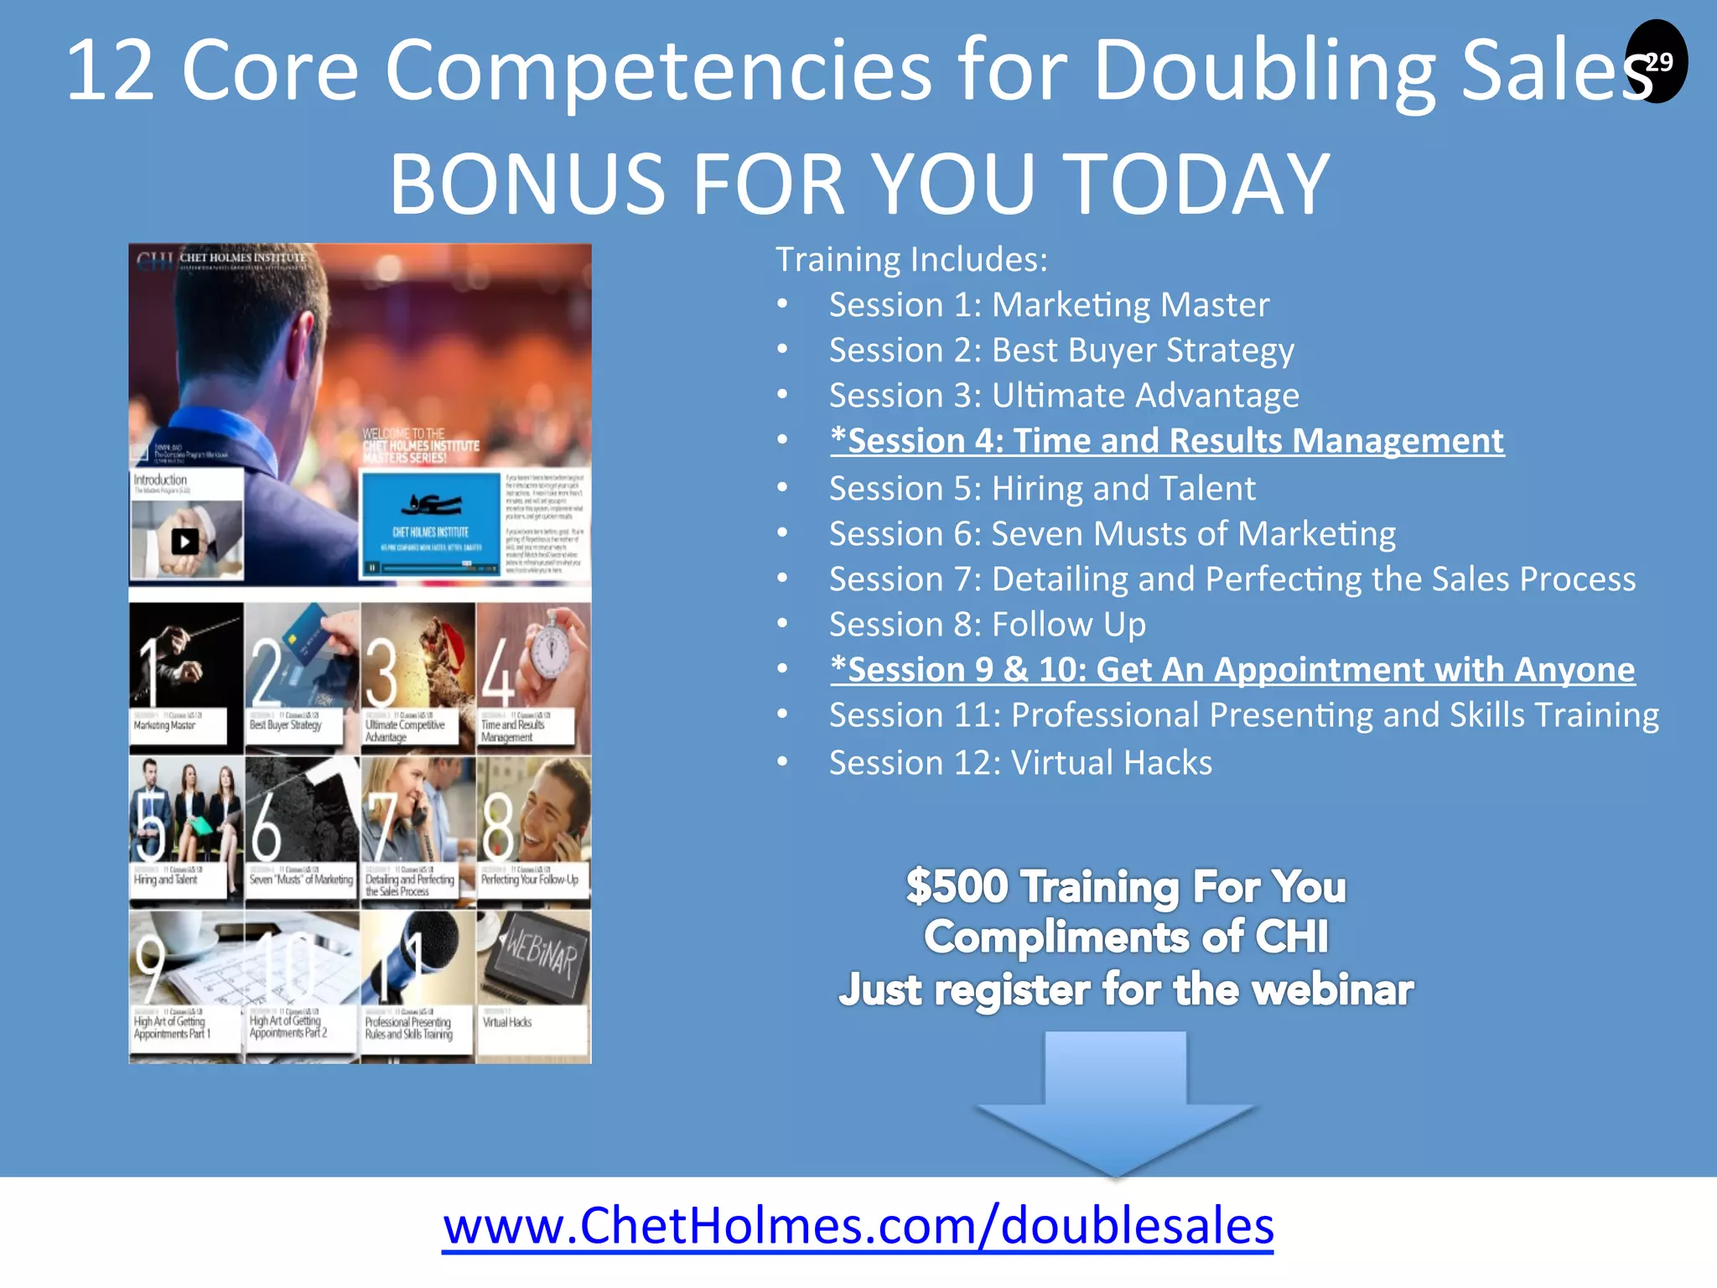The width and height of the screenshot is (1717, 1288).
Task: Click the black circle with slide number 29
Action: coord(1656,61)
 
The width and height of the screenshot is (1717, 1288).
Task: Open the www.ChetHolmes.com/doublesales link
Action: coord(858,1226)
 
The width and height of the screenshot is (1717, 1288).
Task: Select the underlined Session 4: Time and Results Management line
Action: coord(1167,441)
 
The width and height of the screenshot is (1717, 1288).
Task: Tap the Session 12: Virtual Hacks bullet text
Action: coord(1020,763)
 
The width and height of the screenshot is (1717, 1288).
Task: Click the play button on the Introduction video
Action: coord(185,542)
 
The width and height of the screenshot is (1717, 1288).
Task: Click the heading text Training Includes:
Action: coord(911,260)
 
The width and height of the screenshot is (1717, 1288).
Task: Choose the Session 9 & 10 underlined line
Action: coord(1232,670)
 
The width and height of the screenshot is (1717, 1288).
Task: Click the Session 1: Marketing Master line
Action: coord(1049,305)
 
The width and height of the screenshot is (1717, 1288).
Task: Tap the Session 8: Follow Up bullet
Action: coord(987,625)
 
